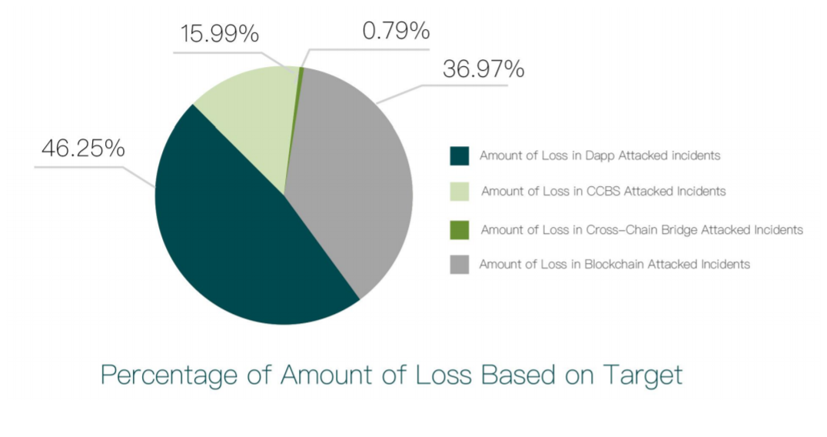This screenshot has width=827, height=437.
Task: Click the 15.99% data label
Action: pyautogui.click(x=219, y=35)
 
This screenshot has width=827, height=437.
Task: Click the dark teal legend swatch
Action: pyautogui.click(x=459, y=155)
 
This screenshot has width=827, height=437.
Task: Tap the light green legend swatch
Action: pyautogui.click(x=459, y=192)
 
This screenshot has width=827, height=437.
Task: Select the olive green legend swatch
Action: pyautogui.click(x=459, y=229)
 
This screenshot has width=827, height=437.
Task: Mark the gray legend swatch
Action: pyautogui.click(x=459, y=265)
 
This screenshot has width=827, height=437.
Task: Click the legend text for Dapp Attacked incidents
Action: pyautogui.click(x=599, y=155)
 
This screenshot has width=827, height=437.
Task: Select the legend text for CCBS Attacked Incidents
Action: pyautogui.click(x=603, y=192)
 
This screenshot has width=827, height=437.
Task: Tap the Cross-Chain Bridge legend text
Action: pyautogui.click(x=642, y=229)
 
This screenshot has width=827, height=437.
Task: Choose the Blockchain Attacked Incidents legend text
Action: pyautogui.click(x=614, y=265)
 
